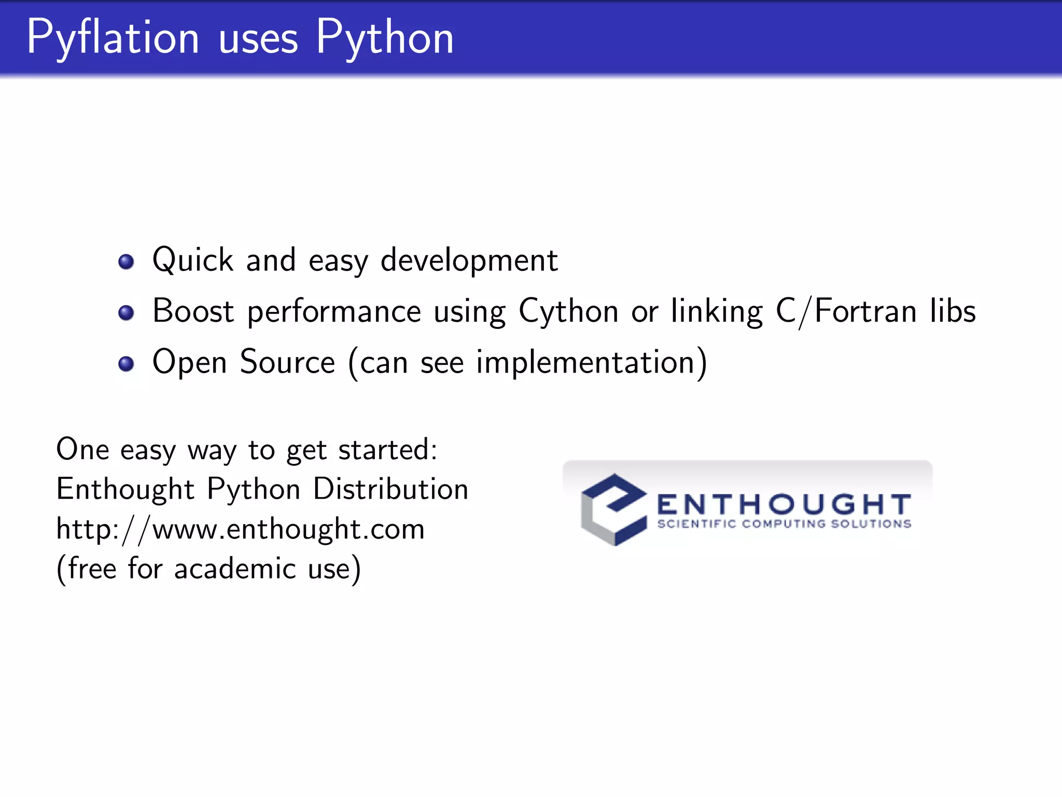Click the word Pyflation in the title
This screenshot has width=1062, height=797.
click(x=113, y=37)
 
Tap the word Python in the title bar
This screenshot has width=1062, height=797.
click(x=384, y=37)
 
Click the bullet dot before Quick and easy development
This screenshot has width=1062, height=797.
click(x=126, y=262)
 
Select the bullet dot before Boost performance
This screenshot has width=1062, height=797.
click(x=126, y=313)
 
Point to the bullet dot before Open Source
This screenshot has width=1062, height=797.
click(x=126, y=364)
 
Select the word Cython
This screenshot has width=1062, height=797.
click(x=568, y=311)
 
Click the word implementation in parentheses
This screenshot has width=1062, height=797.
click(x=585, y=362)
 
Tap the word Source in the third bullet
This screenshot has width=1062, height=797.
click(x=287, y=362)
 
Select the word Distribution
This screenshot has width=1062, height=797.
click(x=390, y=489)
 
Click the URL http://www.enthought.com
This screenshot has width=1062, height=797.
click(x=240, y=529)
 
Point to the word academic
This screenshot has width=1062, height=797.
click(x=235, y=569)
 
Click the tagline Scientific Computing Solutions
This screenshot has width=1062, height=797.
click(x=784, y=524)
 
